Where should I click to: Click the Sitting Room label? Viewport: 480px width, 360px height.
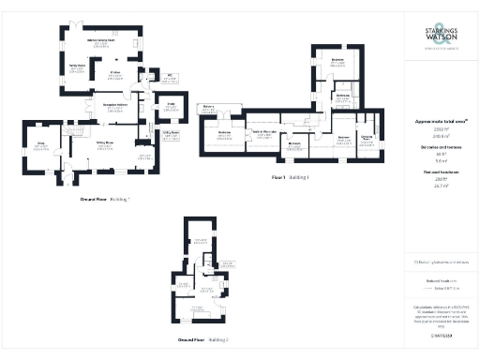click(106, 143)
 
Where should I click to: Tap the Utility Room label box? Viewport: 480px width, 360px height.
click(171, 133)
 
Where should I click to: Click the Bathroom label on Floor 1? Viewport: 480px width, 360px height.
click(343, 97)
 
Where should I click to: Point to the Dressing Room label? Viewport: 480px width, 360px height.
click(367, 137)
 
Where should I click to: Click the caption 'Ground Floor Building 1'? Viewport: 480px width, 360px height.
click(105, 199)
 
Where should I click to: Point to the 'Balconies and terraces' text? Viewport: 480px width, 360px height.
click(441, 149)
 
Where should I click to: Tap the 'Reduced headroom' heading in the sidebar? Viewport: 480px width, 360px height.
click(441, 177)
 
